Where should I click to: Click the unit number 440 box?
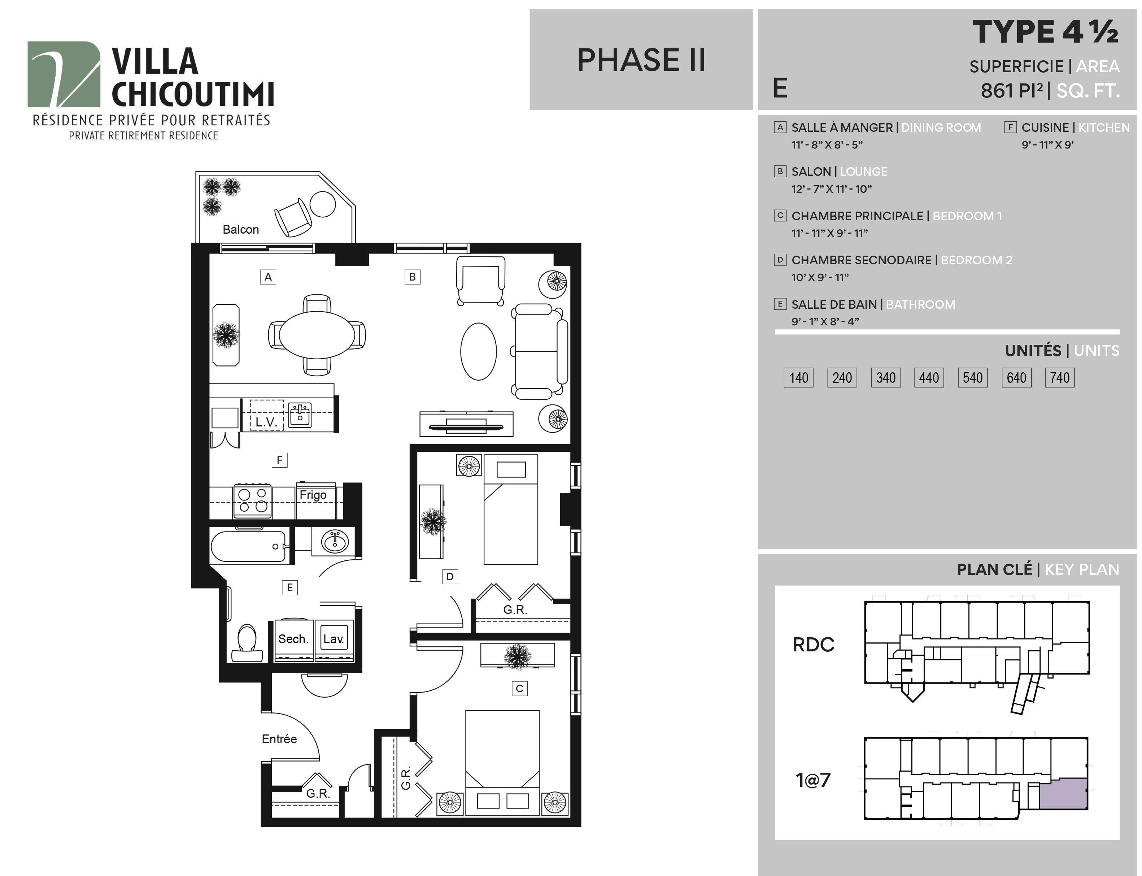929,377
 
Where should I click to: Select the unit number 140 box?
798,377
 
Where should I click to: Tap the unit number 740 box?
1060,377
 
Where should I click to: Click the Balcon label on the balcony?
240,229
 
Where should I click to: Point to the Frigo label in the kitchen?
313,495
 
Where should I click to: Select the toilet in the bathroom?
247,643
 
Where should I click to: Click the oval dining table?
317,335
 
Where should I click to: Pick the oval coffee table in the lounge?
479,351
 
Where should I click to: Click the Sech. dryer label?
293,639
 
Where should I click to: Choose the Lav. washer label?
334,639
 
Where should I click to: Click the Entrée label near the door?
279,739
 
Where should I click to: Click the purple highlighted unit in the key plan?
1063,794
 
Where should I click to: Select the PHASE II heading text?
641,60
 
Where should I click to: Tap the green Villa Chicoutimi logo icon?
64,74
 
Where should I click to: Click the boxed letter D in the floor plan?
450,576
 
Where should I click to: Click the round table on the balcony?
323,204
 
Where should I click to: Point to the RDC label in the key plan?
814,645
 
